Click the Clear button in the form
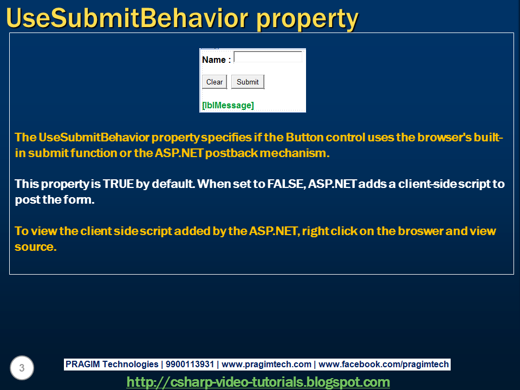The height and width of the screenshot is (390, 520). tap(214, 82)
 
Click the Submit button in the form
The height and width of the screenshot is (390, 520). tap(248, 82)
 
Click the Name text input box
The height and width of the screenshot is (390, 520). tap(268, 57)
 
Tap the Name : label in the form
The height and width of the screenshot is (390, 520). tap(216, 60)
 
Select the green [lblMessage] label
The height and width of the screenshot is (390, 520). tap(227, 105)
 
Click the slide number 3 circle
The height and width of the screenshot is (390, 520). tap(22, 368)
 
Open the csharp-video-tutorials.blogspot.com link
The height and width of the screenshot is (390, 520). tap(258, 382)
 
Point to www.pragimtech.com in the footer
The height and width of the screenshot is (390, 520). tap(266, 365)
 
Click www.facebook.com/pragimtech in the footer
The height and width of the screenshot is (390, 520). tap(383, 365)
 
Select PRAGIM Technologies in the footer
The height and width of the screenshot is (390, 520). tap(112, 365)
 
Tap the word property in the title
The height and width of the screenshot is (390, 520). tap(307, 19)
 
